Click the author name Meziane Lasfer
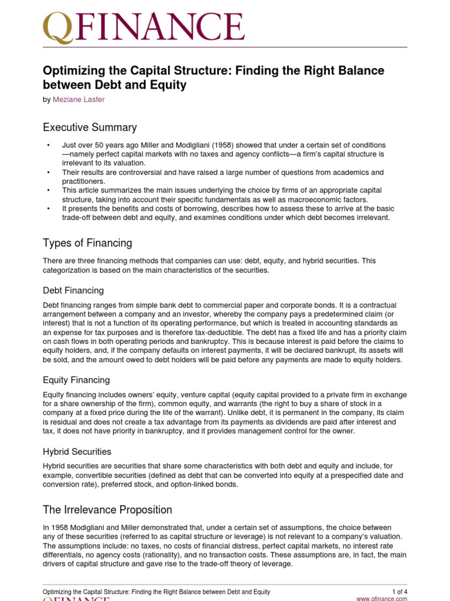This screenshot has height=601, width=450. point(80,100)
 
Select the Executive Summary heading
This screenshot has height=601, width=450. point(90,127)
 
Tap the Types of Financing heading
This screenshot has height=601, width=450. point(87,243)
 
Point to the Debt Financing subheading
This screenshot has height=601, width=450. point(73,290)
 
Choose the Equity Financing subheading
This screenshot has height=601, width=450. point(76,380)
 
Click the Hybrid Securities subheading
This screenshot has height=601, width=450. point(77,451)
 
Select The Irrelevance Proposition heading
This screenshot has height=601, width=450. point(107,509)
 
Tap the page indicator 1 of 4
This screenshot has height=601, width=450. point(400,592)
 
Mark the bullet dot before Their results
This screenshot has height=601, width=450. point(47,173)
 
